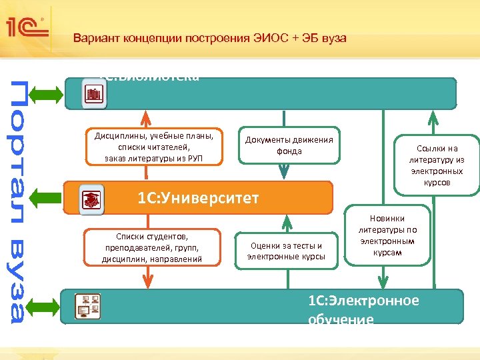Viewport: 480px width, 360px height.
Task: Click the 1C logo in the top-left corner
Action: [26, 27]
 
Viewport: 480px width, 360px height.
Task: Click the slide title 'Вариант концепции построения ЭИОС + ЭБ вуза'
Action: [209, 38]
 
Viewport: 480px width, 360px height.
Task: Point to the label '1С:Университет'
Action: [198, 198]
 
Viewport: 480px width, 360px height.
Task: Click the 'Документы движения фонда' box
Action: [289, 145]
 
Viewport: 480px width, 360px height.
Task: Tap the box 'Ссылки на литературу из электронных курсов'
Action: [437, 165]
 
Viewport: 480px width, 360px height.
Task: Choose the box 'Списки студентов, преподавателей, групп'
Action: [152, 247]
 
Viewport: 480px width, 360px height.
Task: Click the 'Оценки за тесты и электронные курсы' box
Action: [286, 251]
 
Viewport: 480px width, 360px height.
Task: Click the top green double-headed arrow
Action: [47, 94]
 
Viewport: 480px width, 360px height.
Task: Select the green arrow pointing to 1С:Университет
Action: [47, 198]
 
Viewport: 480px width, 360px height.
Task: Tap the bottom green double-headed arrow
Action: [47, 306]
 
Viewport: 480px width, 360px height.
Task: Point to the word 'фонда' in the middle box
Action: [289, 151]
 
